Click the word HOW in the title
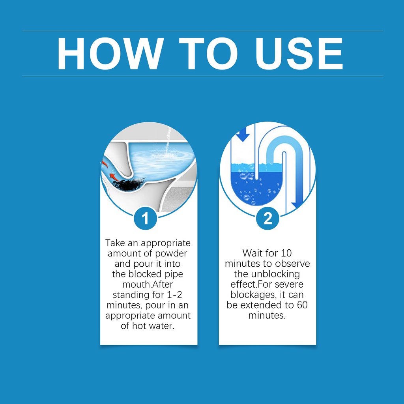click(110, 53)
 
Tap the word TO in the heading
click(208, 53)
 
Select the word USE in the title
click(299, 53)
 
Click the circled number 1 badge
click(145, 218)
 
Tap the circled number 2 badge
click(267, 218)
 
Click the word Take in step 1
click(115, 243)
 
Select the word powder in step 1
click(171, 254)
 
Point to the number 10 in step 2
click(286, 253)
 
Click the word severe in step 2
click(289, 284)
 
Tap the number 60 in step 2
click(303, 305)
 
